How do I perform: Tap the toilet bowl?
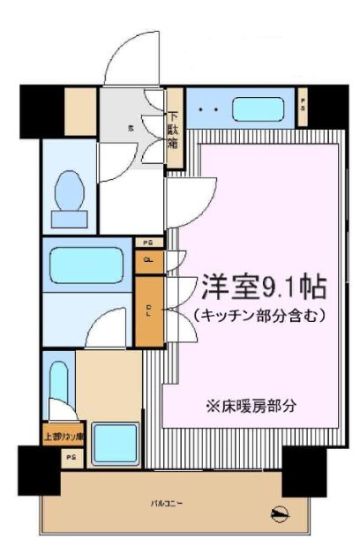point(69,192)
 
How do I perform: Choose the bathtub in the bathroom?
point(86,264)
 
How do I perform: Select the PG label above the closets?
point(148,242)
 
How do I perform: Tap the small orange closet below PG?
point(148,261)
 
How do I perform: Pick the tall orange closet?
point(148,310)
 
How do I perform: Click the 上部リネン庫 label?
point(63,436)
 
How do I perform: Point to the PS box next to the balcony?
point(71,458)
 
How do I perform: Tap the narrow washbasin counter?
point(59,384)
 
